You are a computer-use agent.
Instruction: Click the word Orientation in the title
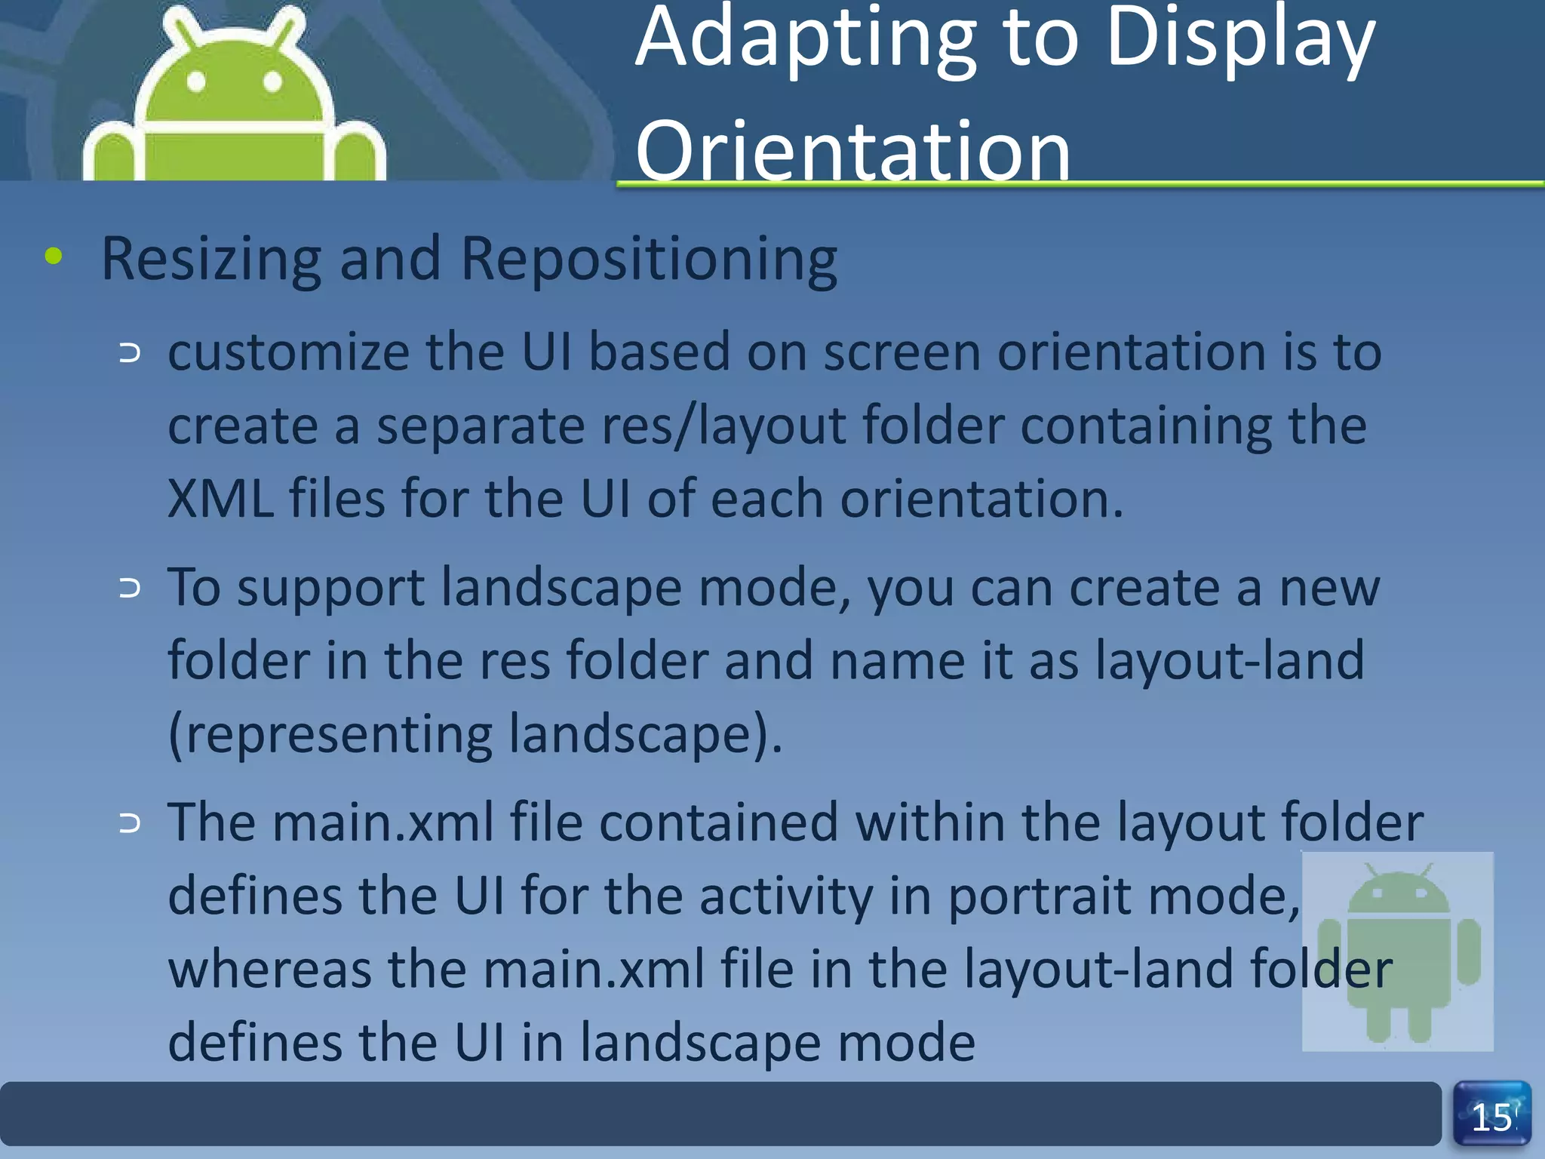pos(852,151)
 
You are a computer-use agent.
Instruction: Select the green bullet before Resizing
pos(54,257)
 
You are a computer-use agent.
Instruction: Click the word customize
pos(287,352)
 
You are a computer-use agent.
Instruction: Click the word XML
pos(220,500)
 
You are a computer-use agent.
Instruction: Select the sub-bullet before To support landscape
pos(130,589)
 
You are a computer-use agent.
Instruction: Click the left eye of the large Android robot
pos(196,81)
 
